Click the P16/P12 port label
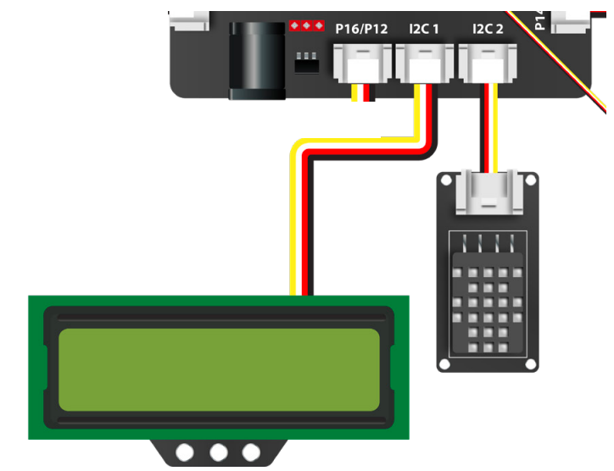[361, 29]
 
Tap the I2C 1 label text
[424, 29]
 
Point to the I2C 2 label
[488, 29]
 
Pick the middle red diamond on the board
[307, 25]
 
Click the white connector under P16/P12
[363, 63]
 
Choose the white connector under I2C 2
[488, 63]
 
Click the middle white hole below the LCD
[219, 452]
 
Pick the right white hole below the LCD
[250, 452]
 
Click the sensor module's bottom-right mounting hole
[530, 364]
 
